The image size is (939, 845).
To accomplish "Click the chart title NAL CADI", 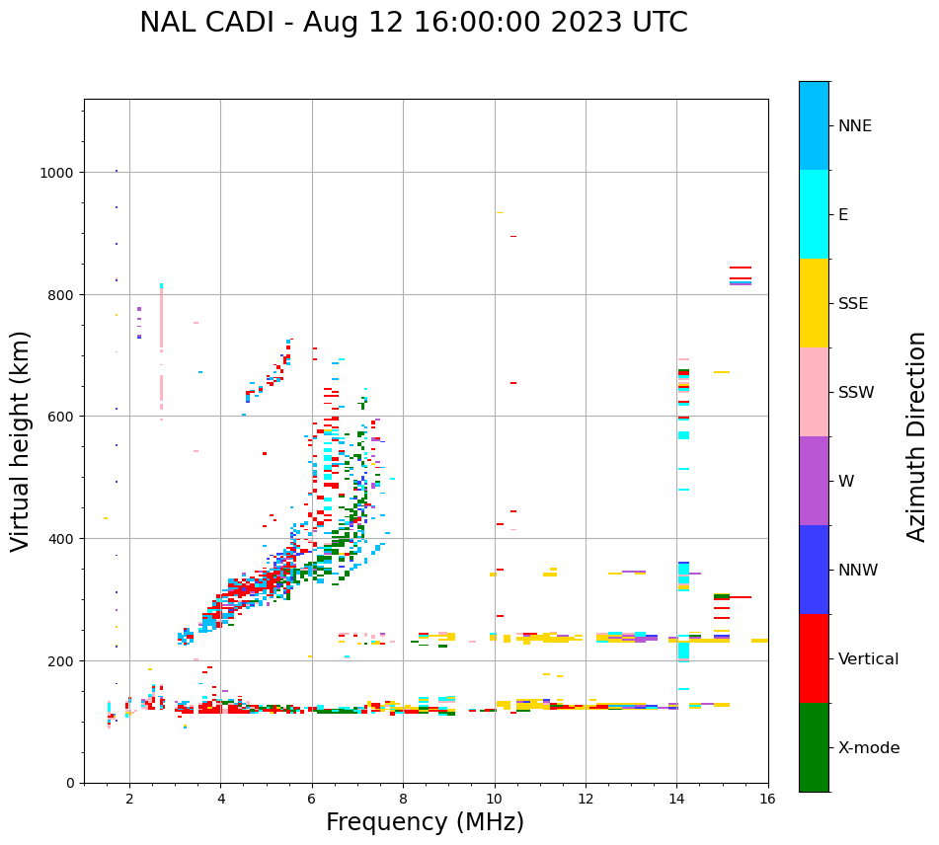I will tap(413, 23).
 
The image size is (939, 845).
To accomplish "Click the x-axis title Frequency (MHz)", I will tap(425, 822).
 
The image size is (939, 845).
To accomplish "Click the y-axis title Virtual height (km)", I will tap(21, 441).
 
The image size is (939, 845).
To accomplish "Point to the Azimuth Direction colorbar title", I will tap(917, 436).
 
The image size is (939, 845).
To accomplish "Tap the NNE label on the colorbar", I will tap(855, 125).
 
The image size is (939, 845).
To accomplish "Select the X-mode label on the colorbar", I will tap(869, 748).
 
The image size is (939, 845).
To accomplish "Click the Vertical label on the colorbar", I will tap(869, 659).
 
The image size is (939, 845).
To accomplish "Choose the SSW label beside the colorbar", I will tap(856, 393).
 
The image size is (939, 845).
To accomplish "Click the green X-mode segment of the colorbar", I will tap(814, 747).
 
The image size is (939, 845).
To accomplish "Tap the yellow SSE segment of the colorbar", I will tap(814, 303).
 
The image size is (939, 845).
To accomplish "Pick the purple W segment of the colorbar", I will tap(814, 481).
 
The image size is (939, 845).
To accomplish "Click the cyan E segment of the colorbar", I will tap(814, 214).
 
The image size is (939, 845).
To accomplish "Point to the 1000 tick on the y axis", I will tap(60, 172).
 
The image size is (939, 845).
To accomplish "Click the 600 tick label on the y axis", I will tap(64, 417).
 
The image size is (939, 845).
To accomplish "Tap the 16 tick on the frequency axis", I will tap(767, 799).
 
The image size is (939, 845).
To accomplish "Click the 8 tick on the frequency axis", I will tap(403, 799).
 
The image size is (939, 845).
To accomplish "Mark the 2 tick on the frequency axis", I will tap(129, 799).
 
